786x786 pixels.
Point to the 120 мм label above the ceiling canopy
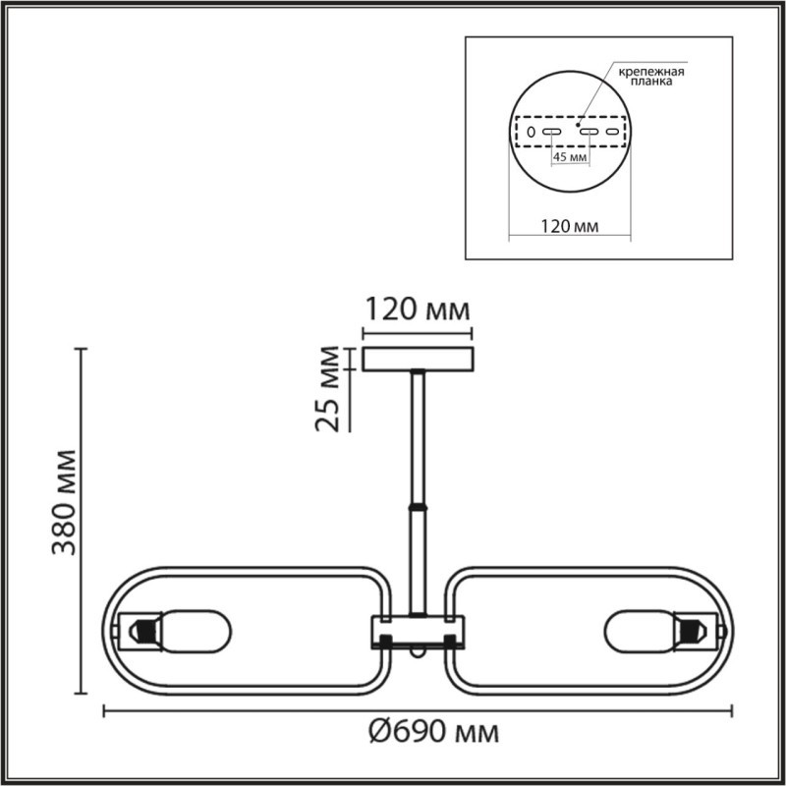418,310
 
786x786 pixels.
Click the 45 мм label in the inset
571,156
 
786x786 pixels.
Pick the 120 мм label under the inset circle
570,227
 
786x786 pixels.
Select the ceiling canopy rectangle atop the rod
419,359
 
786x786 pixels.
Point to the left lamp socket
140,629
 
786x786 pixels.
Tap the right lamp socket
696,629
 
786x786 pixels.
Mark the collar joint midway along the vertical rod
419,507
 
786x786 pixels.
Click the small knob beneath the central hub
419,650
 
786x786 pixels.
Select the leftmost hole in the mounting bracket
530,131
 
